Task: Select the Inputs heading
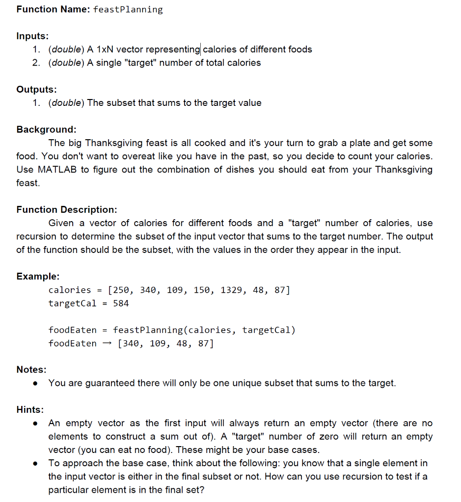click(x=32, y=36)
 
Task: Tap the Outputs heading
click(x=36, y=89)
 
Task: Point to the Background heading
click(x=46, y=129)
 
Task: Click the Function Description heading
click(x=67, y=209)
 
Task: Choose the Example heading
click(x=38, y=276)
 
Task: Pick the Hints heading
click(x=30, y=409)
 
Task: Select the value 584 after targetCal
click(x=121, y=303)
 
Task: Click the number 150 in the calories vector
click(x=204, y=290)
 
